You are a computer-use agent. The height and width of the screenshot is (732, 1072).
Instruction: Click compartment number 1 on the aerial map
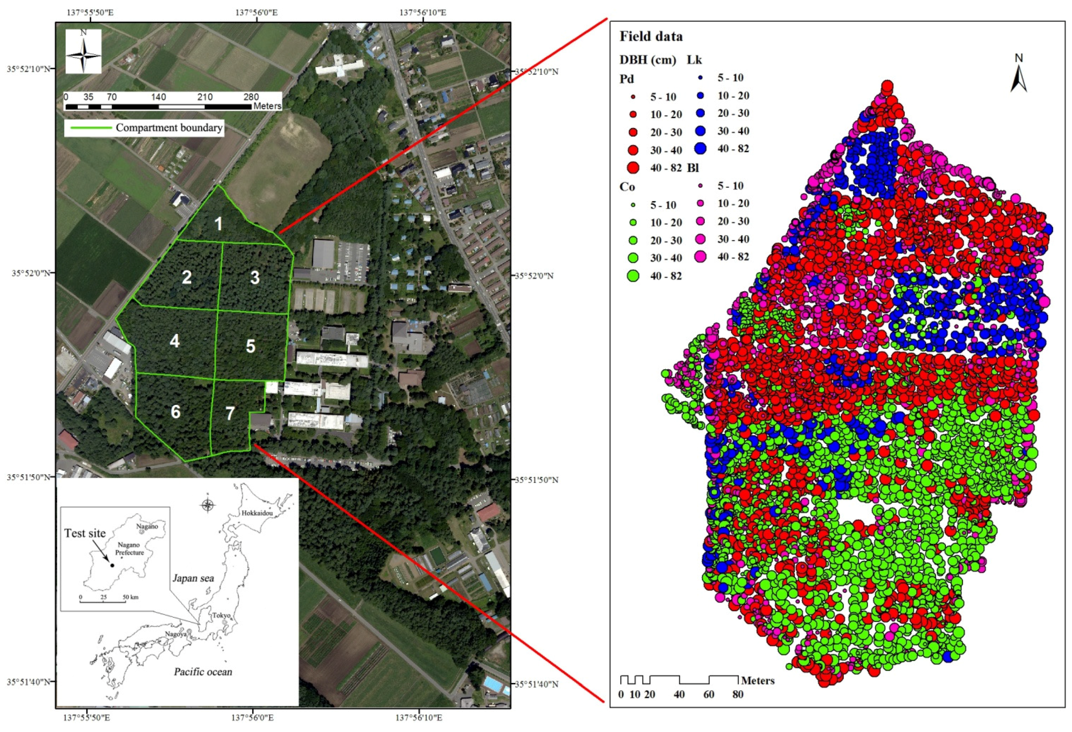tap(218, 224)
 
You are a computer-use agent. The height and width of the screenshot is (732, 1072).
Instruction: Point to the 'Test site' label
tap(85, 533)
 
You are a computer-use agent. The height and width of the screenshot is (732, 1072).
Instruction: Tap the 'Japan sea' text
tap(193, 578)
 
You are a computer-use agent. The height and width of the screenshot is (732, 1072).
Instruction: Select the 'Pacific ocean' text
tap(203, 671)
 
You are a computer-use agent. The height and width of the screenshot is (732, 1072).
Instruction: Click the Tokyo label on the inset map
tap(221, 615)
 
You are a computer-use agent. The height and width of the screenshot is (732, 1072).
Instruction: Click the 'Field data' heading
tap(651, 37)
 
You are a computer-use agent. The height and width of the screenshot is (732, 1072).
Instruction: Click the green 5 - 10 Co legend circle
tap(633, 205)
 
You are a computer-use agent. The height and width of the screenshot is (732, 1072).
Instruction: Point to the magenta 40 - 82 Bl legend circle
tap(700, 257)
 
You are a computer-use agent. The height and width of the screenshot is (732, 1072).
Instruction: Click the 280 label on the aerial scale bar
tap(251, 97)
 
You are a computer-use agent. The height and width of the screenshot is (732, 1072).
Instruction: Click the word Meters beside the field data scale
tap(757, 681)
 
